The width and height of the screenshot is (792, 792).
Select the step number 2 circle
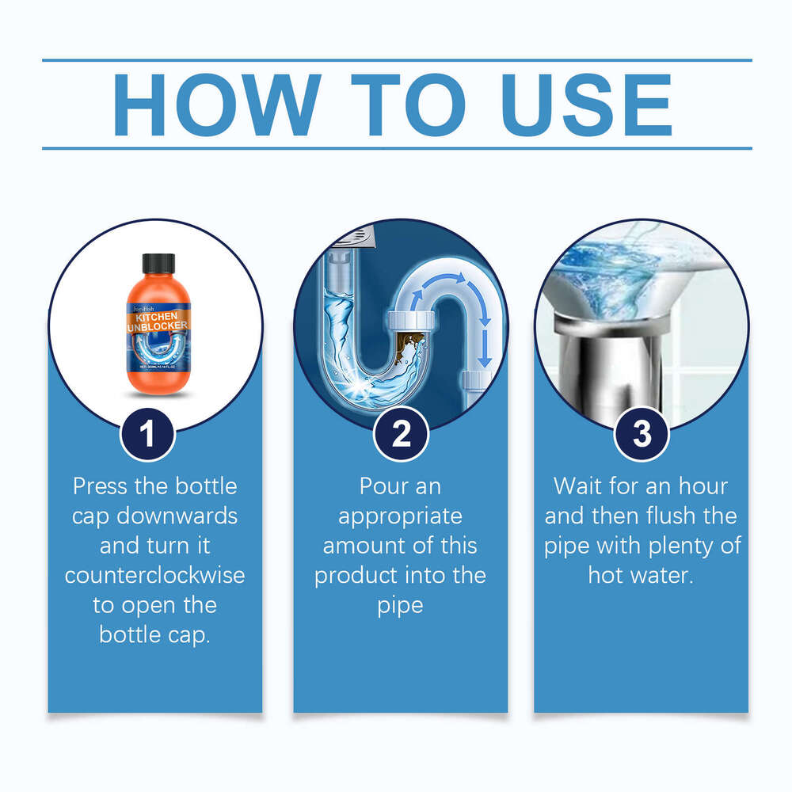tap(401, 433)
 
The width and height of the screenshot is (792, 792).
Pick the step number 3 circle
tap(642, 433)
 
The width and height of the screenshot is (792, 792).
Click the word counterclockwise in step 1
tap(155, 575)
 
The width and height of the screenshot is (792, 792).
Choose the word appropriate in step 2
tap(400, 516)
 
